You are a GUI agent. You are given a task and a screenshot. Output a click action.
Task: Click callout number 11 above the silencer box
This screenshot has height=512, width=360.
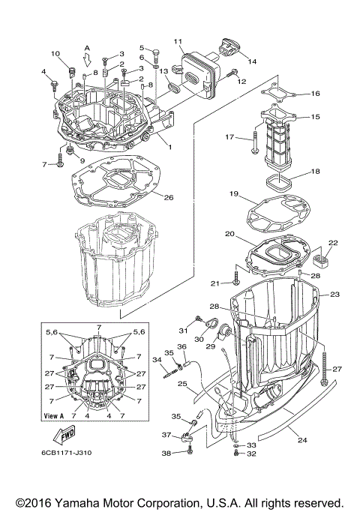pos(178,40)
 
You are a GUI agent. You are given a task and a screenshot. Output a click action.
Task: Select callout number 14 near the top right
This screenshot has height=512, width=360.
pos(251,61)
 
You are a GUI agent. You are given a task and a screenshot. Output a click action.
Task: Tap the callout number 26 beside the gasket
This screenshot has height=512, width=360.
pos(169,198)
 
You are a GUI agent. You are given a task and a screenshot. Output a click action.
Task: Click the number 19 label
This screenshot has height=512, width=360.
pos(234,194)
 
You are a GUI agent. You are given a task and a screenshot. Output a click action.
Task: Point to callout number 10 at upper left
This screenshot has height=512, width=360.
pos(55,53)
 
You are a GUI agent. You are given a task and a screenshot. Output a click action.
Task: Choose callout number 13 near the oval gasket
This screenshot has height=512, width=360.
pos(163,70)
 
